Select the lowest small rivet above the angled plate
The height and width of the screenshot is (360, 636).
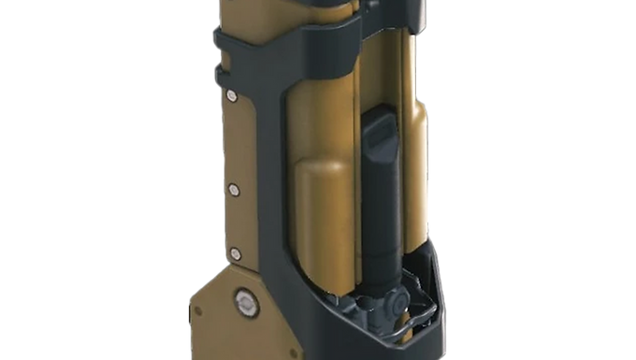pyautogui.click(x=234, y=251)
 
